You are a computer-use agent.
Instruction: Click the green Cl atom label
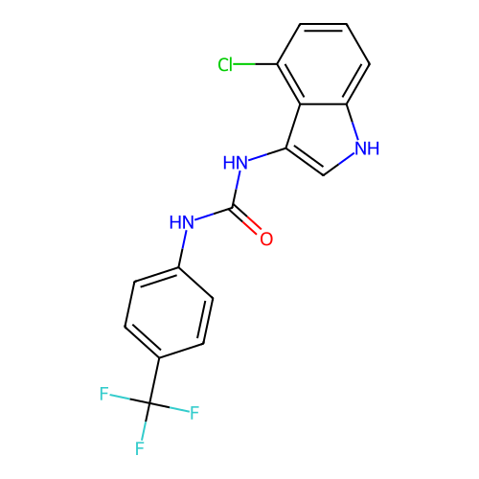coord(225,65)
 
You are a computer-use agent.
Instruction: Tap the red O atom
coord(266,239)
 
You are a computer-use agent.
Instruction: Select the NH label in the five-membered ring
coord(367,148)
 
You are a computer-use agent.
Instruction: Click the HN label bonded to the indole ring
coord(236,163)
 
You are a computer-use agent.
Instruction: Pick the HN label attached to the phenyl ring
coord(182,222)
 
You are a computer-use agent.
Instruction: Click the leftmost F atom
coord(104,394)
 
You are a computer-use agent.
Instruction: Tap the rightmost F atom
coord(194,413)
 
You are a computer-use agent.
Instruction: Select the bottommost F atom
coord(140,448)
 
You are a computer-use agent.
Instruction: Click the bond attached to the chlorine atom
coord(255,64)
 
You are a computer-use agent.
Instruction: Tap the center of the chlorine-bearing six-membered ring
coord(323,64)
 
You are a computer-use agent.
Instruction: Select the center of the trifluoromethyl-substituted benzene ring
coord(169,312)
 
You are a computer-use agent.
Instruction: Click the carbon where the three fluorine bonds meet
coord(149,403)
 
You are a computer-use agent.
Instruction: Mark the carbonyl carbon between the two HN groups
coord(233,207)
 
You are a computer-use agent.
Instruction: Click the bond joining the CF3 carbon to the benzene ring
coord(154,380)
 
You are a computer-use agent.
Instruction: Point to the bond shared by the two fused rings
coord(323,104)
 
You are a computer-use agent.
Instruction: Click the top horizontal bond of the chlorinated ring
coord(323,24)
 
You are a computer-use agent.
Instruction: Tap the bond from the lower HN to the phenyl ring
coord(182,248)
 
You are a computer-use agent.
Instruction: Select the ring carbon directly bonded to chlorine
coord(277,64)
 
